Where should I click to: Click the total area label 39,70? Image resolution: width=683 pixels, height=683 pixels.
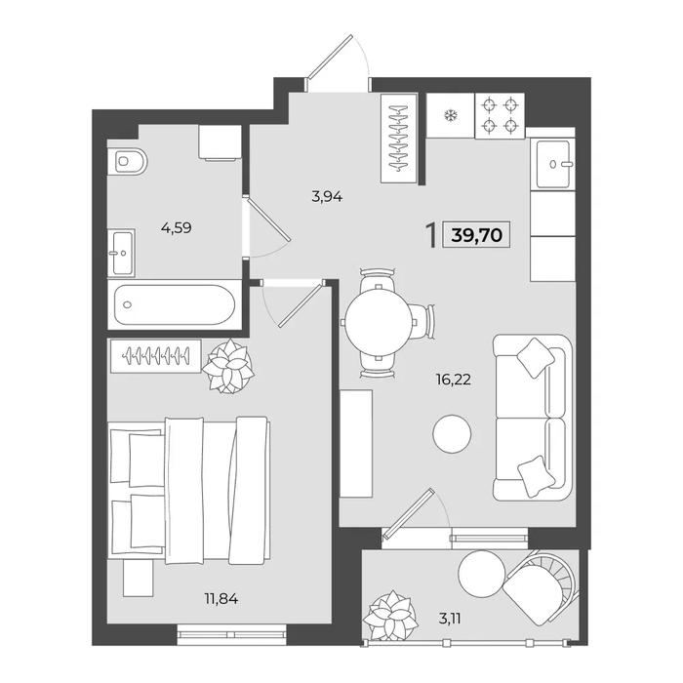(x=477, y=235)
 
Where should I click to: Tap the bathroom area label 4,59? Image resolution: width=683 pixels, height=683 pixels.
(x=176, y=227)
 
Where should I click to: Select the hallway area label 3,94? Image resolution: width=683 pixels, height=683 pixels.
(x=327, y=197)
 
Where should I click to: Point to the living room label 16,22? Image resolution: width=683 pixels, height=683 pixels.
(x=454, y=380)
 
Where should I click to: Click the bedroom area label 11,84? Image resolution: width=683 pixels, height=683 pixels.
(x=221, y=599)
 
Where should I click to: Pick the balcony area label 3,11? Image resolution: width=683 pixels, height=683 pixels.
(x=450, y=618)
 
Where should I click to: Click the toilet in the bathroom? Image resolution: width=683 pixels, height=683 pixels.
(x=128, y=161)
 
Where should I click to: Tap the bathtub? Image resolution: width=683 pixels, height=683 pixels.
(x=175, y=304)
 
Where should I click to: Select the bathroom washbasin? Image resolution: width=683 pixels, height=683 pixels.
(x=122, y=253)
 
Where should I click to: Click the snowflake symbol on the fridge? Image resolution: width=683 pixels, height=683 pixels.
(x=449, y=115)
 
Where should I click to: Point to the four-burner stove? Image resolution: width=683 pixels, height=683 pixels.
(x=500, y=116)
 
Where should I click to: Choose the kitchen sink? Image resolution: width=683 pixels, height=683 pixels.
(x=553, y=164)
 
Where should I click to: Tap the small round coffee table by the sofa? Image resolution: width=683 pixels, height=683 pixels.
(x=452, y=433)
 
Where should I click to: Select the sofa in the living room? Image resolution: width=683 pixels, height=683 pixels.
(x=532, y=418)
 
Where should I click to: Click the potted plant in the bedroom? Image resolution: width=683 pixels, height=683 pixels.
(x=228, y=367)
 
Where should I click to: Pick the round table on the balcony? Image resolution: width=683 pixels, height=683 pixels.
(x=482, y=574)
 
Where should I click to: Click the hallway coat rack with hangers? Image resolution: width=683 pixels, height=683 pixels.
(x=399, y=139)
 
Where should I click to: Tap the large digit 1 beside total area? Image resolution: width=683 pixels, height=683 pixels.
(x=431, y=235)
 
